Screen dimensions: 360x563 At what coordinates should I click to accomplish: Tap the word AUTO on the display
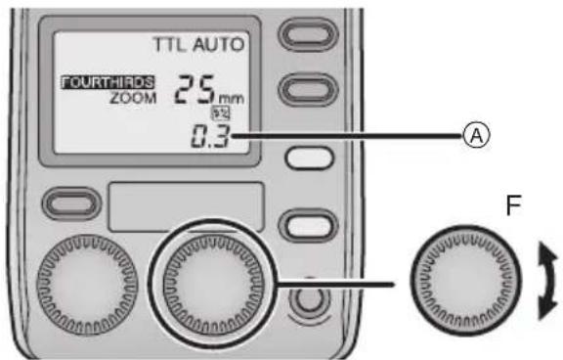click(218, 44)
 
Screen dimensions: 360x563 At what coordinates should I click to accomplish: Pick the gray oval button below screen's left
click(74, 203)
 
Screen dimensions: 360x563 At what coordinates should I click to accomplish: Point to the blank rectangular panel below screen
click(187, 204)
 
